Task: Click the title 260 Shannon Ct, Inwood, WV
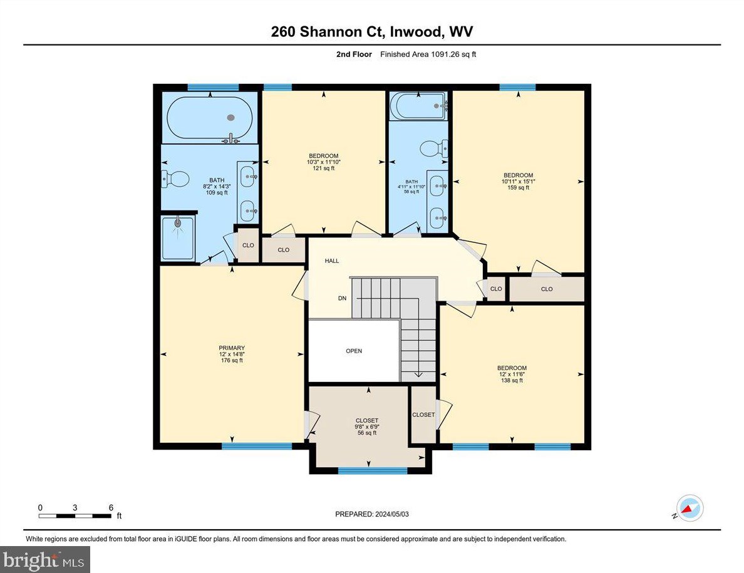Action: [371, 32]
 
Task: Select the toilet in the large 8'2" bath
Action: [176, 180]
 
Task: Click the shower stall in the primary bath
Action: [178, 237]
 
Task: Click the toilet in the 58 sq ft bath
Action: [431, 148]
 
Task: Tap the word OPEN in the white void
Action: [354, 351]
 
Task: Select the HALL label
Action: [331, 261]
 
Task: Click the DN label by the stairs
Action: [342, 299]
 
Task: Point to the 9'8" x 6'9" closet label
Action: [366, 426]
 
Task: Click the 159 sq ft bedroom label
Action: [519, 181]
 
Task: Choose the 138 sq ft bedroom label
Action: [512, 374]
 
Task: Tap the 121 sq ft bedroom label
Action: [323, 162]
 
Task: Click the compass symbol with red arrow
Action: [690, 508]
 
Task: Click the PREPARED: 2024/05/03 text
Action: [372, 514]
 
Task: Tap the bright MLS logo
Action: [45, 559]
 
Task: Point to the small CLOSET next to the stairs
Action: [423, 415]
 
